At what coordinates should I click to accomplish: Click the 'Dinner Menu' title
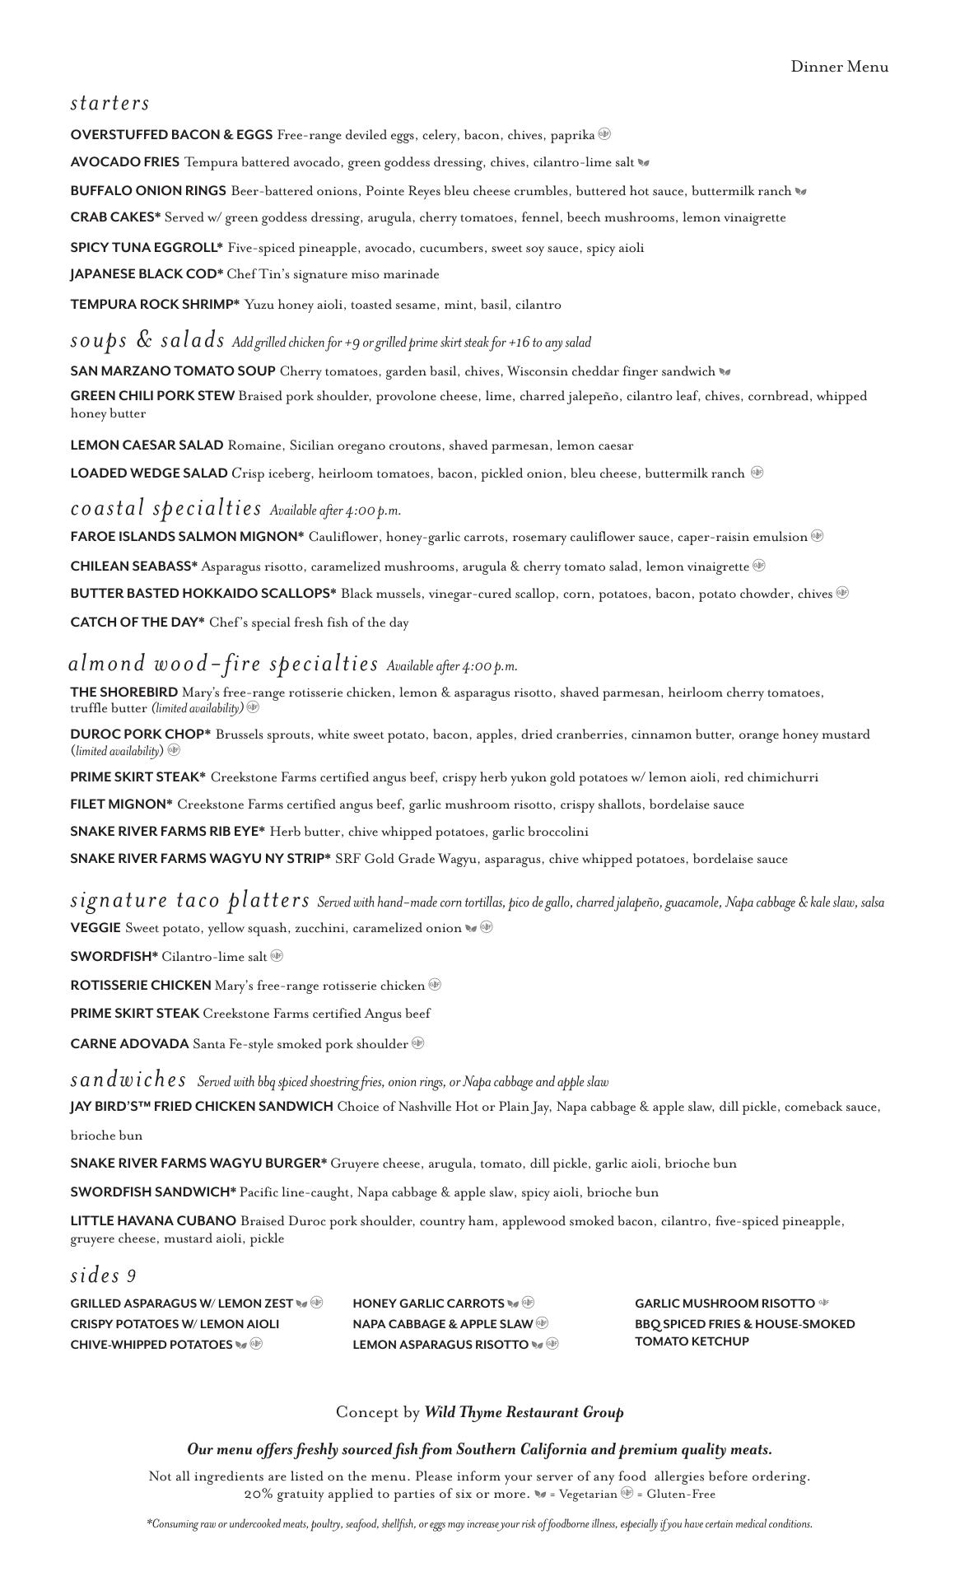point(839,67)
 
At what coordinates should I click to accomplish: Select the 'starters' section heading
point(110,103)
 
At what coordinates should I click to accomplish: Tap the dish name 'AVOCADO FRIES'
point(124,162)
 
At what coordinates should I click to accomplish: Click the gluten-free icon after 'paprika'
point(604,134)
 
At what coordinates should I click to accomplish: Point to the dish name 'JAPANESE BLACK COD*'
point(147,274)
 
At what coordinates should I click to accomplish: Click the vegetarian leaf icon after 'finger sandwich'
point(725,372)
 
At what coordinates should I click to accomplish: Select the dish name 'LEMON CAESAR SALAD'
point(147,445)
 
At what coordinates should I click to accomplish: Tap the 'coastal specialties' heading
point(165,508)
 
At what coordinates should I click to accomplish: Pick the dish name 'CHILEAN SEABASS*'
point(134,567)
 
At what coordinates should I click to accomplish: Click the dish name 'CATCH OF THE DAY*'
point(137,623)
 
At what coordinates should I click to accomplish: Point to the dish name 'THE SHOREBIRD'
point(123,693)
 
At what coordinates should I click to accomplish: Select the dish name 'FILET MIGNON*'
point(122,804)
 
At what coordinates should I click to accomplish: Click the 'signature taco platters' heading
point(190,900)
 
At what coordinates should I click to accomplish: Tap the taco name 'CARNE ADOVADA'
point(129,1044)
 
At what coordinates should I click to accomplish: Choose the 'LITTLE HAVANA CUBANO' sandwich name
point(153,1221)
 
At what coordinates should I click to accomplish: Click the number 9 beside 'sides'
point(131,1276)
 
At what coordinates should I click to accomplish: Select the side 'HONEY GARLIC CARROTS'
point(428,1304)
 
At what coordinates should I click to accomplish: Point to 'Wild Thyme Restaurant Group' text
point(524,1412)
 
